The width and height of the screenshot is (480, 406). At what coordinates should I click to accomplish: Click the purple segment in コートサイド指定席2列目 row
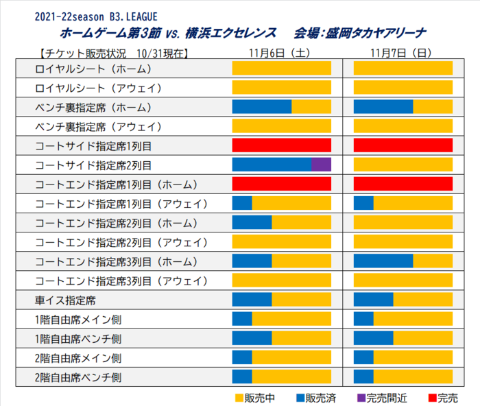pyautogui.click(x=321, y=165)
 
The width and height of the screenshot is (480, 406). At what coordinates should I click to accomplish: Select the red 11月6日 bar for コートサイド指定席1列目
pyautogui.click(x=282, y=145)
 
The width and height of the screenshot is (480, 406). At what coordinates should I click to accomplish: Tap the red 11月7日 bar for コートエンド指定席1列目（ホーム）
pyautogui.click(x=403, y=184)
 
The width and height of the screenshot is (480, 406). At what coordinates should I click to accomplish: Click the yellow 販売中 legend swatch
pyautogui.click(x=239, y=398)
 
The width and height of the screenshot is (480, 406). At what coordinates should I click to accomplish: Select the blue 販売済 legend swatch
pyautogui.click(x=300, y=398)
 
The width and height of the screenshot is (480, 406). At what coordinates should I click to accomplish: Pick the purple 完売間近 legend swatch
pyautogui.click(x=361, y=398)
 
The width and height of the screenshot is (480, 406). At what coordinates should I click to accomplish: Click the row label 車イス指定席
pyautogui.click(x=65, y=300)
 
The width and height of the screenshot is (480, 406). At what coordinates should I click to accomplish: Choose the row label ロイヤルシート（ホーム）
pyautogui.click(x=93, y=69)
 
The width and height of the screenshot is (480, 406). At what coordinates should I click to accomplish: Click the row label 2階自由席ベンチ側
pyautogui.click(x=78, y=377)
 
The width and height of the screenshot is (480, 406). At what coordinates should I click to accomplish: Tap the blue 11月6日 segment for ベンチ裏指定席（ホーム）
pyautogui.click(x=262, y=107)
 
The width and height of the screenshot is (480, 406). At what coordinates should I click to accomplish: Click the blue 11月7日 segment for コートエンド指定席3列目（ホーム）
pyautogui.click(x=383, y=262)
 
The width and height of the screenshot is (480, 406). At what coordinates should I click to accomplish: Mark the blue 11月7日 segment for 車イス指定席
pyautogui.click(x=373, y=300)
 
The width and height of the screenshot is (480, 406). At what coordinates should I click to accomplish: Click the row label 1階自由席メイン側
pyautogui.click(x=78, y=320)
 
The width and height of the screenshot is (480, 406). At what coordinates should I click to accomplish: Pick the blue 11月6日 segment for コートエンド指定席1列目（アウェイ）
pyautogui.click(x=242, y=203)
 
